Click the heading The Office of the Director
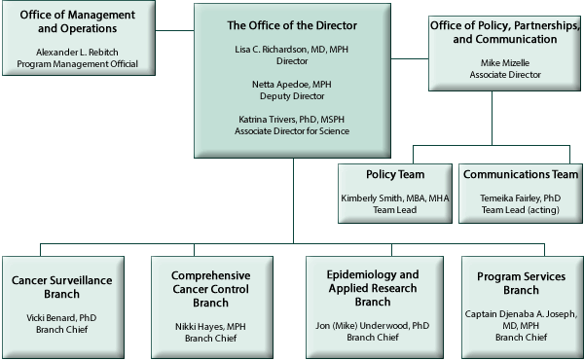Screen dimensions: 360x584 point(292,25)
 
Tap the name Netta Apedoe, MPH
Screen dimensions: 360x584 point(292,85)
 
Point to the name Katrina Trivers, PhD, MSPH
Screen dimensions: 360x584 point(292,119)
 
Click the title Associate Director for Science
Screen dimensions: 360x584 point(292,131)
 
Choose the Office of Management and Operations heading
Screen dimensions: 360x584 point(77,22)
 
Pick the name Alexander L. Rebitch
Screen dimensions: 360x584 point(77,52)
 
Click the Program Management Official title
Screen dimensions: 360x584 point(77,64)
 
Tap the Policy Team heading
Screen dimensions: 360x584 point(393,174)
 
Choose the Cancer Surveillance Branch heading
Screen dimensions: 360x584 point(61,288)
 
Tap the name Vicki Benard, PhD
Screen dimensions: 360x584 point(61,318)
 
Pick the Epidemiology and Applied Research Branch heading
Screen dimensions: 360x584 point(373,288)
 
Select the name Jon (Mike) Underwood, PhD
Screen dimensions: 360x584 point(373,325)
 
